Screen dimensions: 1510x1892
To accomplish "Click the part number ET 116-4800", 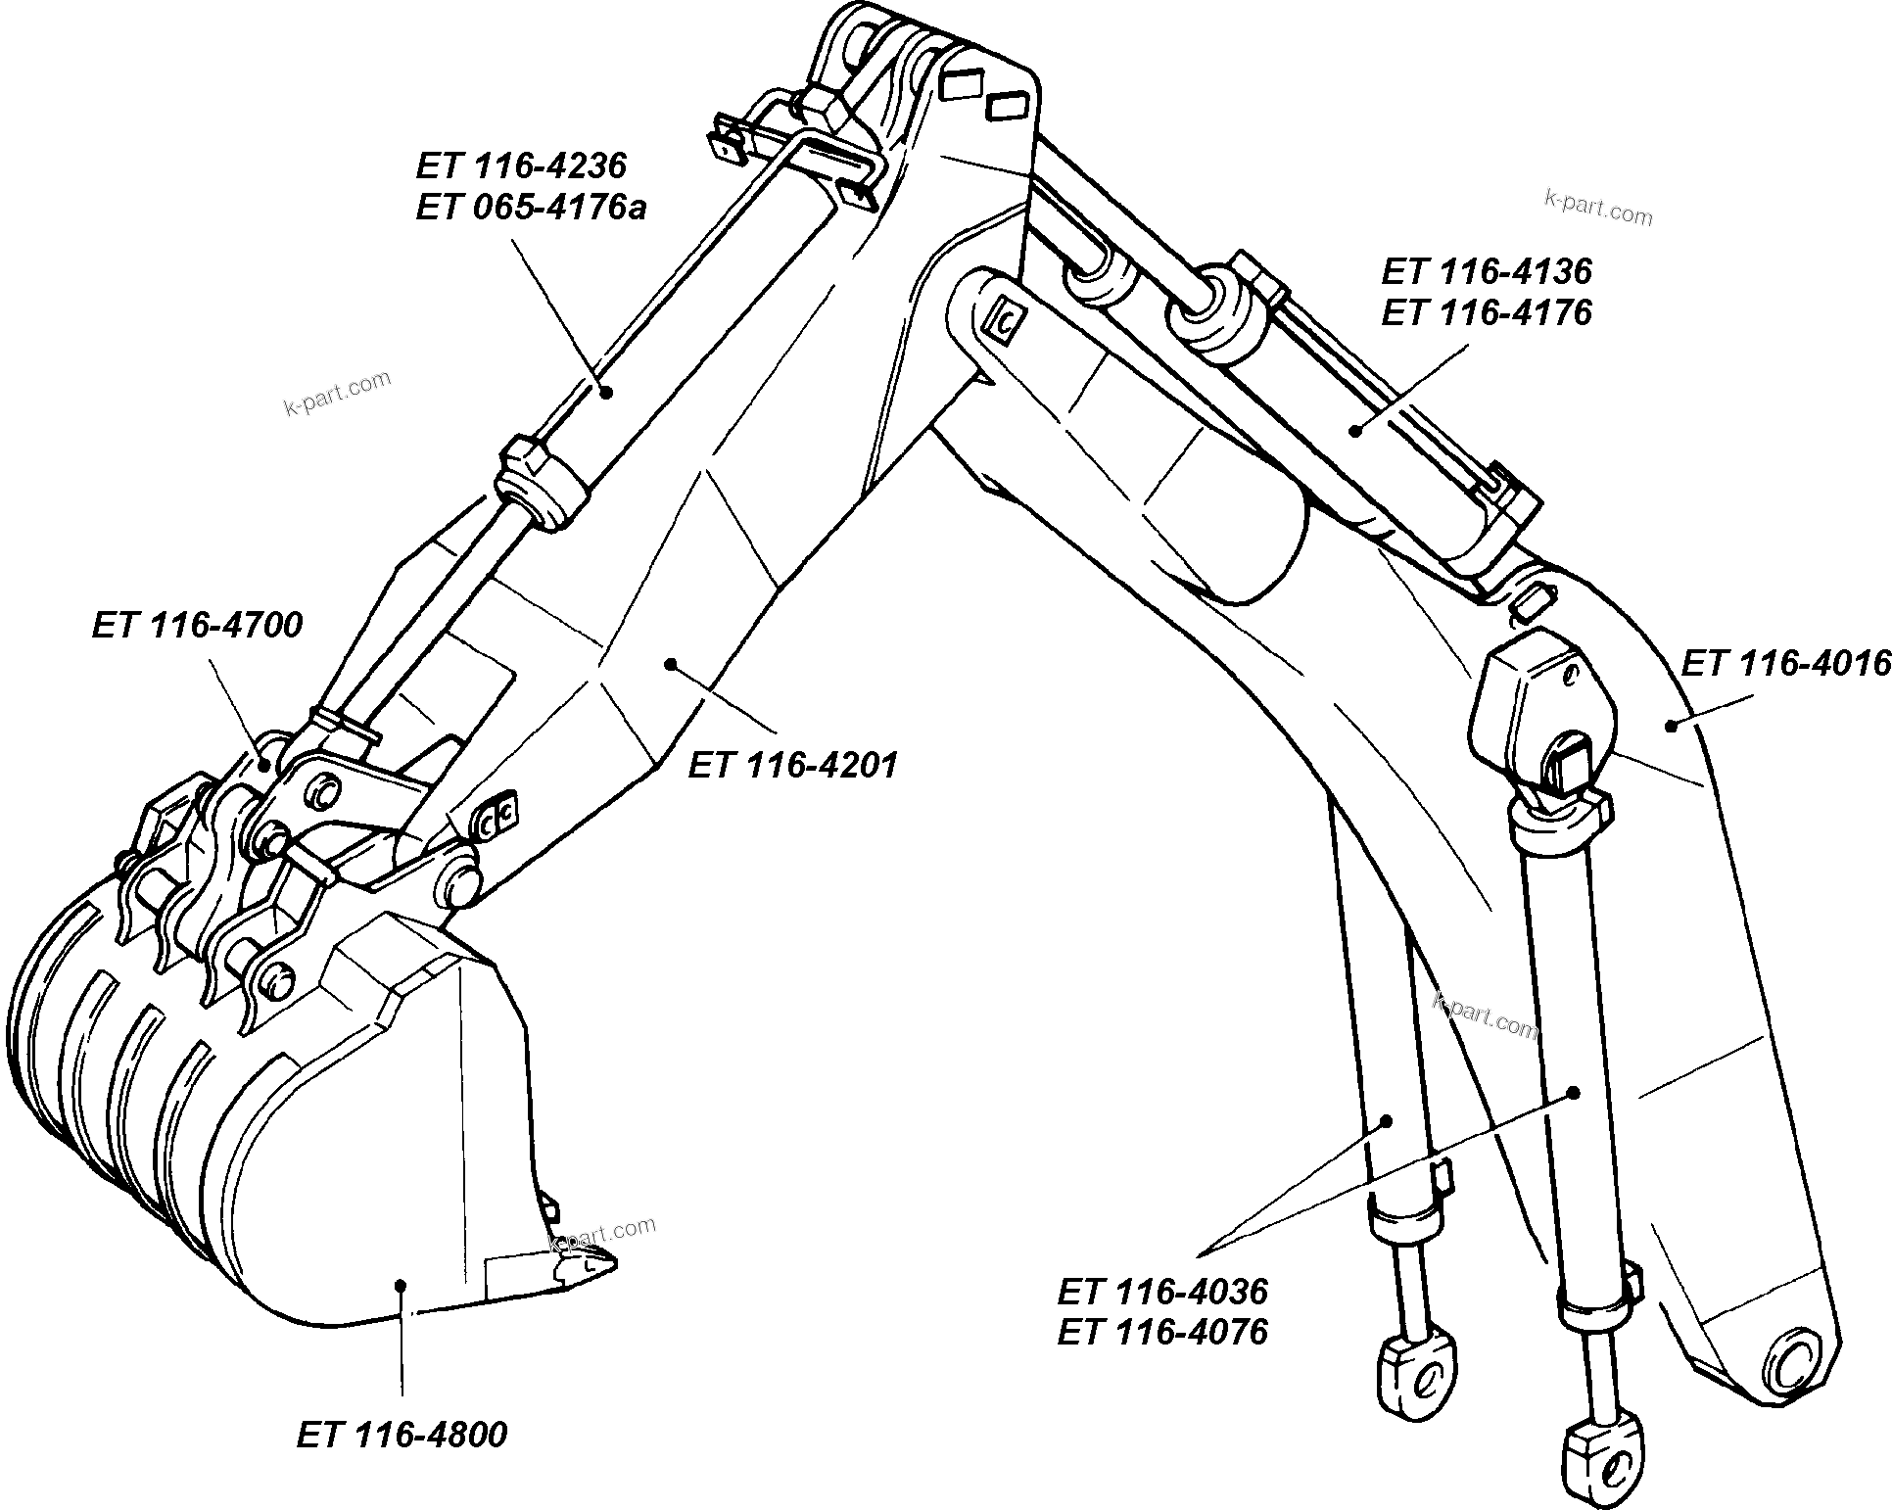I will click(402, 1436).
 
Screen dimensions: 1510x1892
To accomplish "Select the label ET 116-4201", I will click(792, 765).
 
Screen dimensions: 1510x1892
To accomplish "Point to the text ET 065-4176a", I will click(530, 209).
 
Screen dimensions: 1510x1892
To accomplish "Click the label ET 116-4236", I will click(520, 165).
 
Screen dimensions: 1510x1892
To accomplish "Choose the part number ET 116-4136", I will click(1487, 270).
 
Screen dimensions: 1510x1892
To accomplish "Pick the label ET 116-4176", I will click(1487, 312).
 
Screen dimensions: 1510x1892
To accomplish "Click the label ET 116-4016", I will click(1784, 664).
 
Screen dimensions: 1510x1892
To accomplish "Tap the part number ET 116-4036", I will click(1162, 1292).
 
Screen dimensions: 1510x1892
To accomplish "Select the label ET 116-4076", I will click(1162, 1332).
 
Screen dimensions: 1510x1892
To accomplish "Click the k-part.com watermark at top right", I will click(1597, 208).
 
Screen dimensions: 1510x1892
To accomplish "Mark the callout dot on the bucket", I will click(400, 1284).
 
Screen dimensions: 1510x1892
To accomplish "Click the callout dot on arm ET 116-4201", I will click(671, 664).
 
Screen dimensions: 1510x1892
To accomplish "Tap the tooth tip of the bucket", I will click(606, 1263).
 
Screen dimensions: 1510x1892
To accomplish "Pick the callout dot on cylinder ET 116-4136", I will click(1356, 428).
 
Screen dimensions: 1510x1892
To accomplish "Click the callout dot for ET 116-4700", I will click(263, 762).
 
